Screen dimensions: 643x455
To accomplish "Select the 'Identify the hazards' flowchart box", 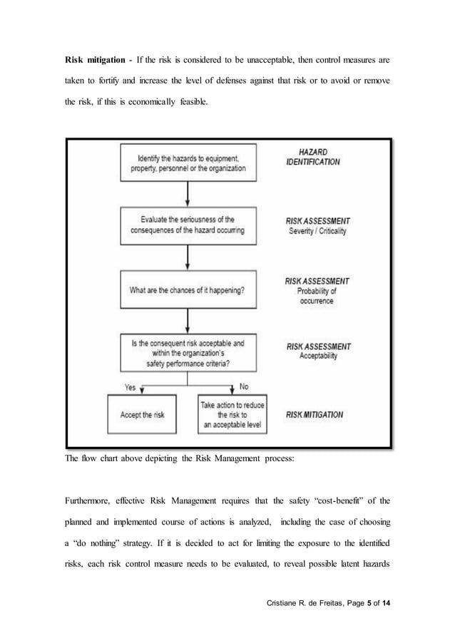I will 188,163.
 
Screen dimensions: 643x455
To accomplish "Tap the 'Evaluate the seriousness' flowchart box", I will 188,225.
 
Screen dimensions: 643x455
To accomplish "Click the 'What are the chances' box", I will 188,290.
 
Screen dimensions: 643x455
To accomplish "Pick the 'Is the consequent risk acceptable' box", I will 188,353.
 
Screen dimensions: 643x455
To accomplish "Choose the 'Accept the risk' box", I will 143,414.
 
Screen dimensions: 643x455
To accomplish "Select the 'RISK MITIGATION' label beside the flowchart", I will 315,414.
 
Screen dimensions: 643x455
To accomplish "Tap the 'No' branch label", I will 244,387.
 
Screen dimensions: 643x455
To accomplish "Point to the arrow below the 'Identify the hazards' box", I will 188,194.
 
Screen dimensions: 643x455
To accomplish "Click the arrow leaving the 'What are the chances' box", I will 188,320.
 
